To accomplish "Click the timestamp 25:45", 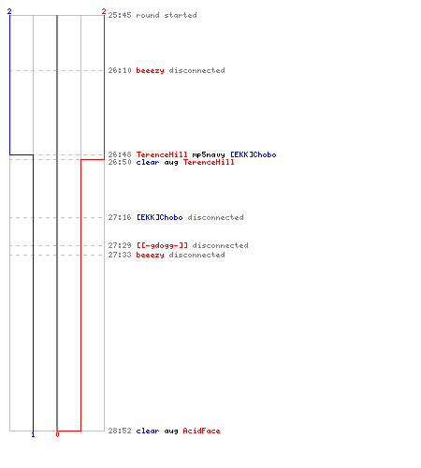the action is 120,15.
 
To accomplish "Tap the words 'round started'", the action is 167,15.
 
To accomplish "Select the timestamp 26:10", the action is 120,70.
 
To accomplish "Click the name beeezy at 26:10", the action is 151,71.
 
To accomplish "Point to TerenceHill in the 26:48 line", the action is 162,154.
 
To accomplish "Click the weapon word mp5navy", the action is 209,154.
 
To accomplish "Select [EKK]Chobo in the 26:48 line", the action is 254,154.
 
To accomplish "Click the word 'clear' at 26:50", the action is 148,162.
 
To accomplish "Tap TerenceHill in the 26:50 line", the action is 209,162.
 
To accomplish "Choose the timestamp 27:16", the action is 120,217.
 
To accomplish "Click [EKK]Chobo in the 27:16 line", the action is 160,217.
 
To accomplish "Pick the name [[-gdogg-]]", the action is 162,245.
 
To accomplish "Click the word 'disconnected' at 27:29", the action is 221,245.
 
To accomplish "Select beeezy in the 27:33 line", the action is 151,255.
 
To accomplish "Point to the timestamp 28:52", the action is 120,431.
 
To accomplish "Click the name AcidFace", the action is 201,431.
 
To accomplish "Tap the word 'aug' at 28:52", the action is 171,431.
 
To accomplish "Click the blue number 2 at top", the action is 9,11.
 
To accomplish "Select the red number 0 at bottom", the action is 57,434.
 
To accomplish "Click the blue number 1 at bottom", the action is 33,434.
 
